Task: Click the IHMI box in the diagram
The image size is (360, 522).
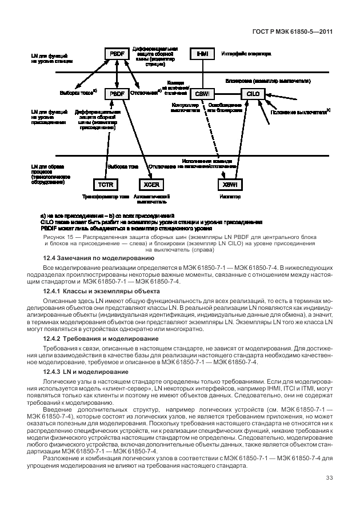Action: pos(202,54)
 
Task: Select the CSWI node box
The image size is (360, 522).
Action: pos(202,93)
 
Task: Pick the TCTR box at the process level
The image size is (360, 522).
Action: pos(106,184)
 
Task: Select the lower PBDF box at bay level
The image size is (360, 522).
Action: pos(116,93)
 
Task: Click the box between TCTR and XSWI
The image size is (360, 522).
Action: pos(151,184)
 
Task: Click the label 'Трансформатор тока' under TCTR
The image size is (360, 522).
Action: pos(106,196)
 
